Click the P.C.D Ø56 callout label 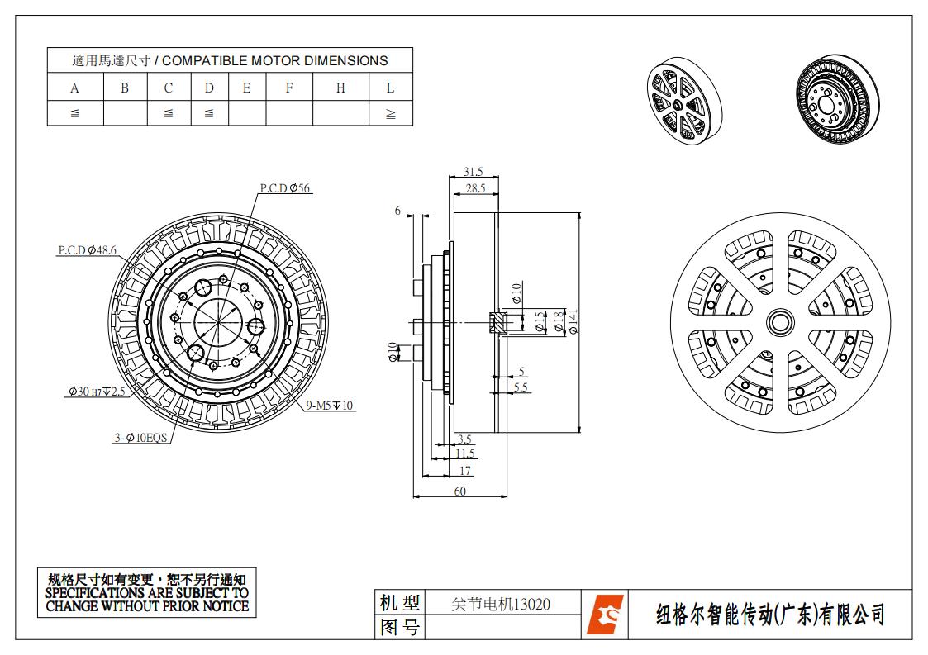click(285, 188)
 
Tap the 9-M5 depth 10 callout click(330, 406)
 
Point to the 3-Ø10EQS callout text click(141, 439)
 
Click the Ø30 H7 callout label click(97, 392)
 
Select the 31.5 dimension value click(473, 172)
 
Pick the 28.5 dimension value click(475, 189)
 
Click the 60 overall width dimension click(459, 491)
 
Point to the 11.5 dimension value click(465, 453)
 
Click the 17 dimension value click(465, 471)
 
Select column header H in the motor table click(340, 88)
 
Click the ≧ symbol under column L click(390, 114)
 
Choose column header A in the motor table click(75, 88)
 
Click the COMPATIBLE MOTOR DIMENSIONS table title click(230, 60)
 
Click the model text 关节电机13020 click(501, 604)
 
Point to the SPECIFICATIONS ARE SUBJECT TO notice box click(147, 592)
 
